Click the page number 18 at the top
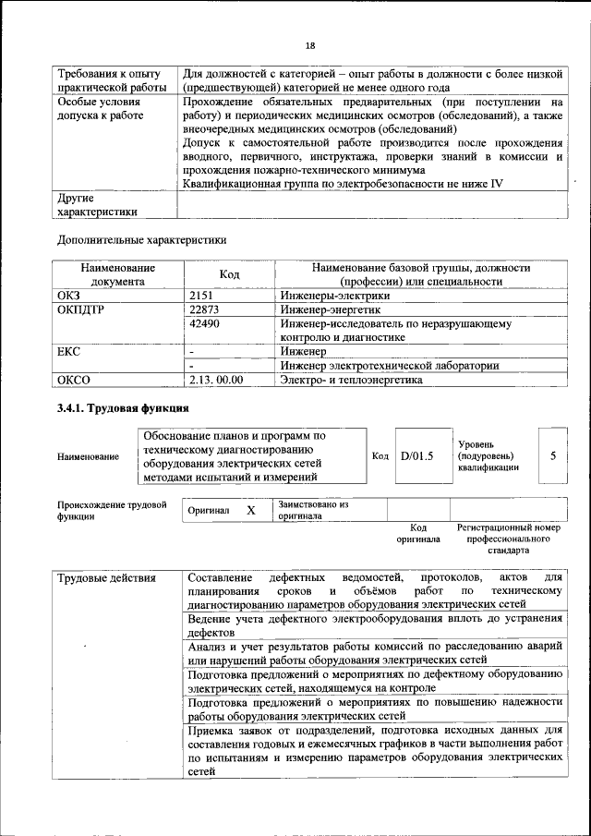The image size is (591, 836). [x=310, y=46]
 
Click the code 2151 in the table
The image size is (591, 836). [x=201, y=296]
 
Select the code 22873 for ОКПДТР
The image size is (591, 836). [x=204, y=309]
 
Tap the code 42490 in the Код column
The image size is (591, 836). [x=204, y=324]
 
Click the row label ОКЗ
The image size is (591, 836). [x=69, y=296]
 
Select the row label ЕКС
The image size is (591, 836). [x=69, y=351]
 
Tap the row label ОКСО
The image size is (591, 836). [x=74, y=379]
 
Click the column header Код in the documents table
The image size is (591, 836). [x=229, y=274]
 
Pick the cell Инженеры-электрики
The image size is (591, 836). [x=334, y=296]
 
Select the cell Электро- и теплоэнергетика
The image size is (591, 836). [x=351, y=379]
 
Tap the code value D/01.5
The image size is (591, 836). [x=417, y=455]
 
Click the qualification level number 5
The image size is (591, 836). [x=552, y=455]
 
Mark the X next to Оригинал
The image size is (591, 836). [x=250, y=510]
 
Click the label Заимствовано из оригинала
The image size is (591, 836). [x=313, y=511]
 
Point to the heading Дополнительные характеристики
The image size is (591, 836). [x=141, y=240]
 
